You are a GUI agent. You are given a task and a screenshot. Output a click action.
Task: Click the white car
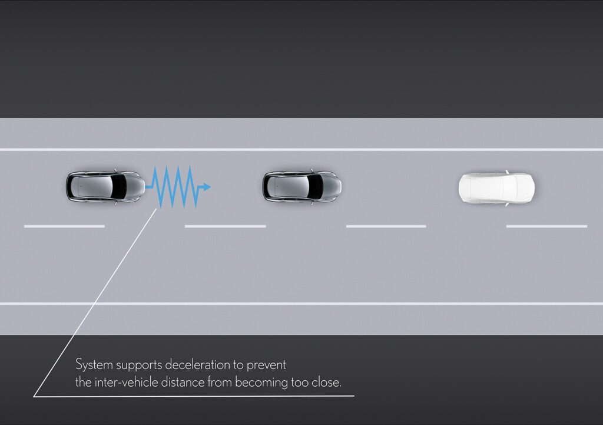[x=496, y=188]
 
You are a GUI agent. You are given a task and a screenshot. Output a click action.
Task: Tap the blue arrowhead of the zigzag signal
[x=207, y=187]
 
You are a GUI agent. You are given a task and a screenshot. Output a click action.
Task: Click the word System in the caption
[x=94, y=364]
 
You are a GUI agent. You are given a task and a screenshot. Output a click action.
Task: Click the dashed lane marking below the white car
[x=546, y=226]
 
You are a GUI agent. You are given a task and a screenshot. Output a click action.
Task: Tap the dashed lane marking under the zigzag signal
[x=226, y=226]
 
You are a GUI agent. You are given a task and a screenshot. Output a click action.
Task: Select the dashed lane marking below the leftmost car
[x=64, y=226]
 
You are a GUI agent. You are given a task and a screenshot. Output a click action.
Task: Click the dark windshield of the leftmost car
[x=120, y=186]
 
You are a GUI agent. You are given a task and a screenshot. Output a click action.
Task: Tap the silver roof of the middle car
[x=291, y=187]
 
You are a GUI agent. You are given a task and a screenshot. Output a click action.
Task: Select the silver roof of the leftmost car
[x=95, y=186]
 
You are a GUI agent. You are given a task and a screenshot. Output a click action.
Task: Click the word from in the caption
[x=220, y=383]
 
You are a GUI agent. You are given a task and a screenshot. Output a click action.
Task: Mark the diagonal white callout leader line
[x=95, y=302]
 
